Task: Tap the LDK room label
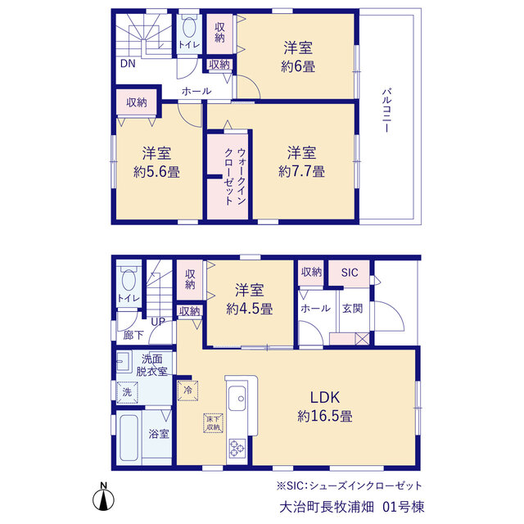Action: point(325,398)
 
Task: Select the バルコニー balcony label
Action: point(387,111)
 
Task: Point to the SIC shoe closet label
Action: point(350,273)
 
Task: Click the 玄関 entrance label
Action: point(353,309)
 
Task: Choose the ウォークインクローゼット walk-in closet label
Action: point(235,177)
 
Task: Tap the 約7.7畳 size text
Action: point(302,172)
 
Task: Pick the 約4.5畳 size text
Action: point(249,309)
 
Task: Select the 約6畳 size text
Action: point(298,66)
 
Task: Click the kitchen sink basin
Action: point(237,399)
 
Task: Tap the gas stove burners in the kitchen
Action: point(237,448)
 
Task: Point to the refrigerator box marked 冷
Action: point(187,391)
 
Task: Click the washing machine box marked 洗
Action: point(127,392)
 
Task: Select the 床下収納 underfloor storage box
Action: point(213,423)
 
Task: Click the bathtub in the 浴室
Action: point(129,438)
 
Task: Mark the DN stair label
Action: point(128,64)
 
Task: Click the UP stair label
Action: point(158,322)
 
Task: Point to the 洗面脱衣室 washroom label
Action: point(151,365)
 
